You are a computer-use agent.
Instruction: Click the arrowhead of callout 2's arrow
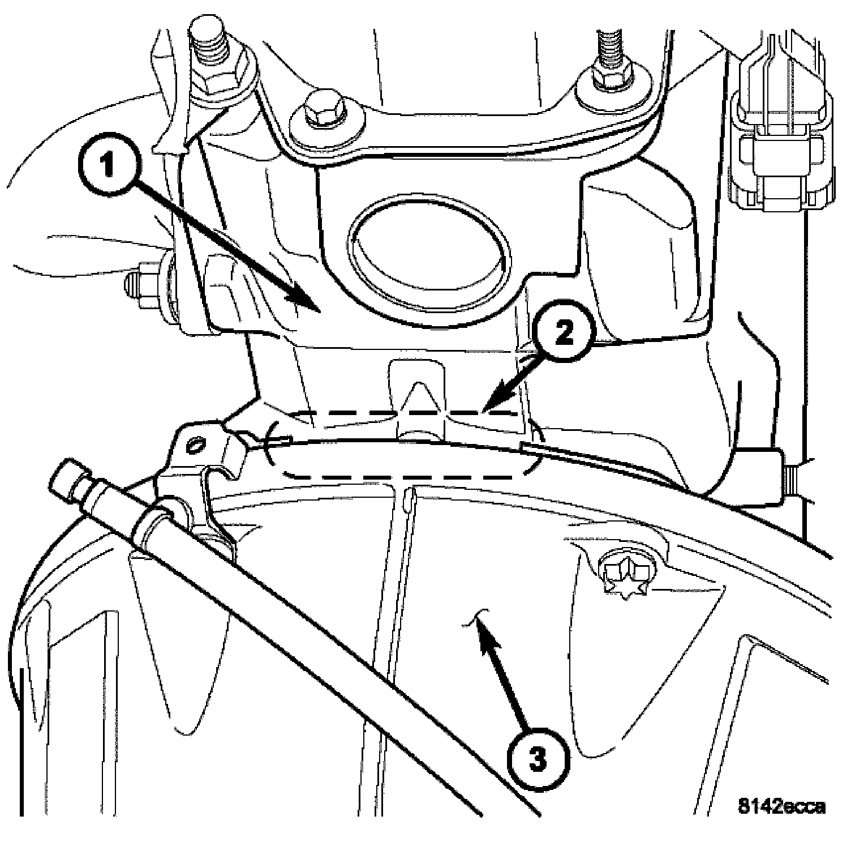tap(492, 403)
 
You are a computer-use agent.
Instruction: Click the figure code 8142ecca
tap(781, 806)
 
